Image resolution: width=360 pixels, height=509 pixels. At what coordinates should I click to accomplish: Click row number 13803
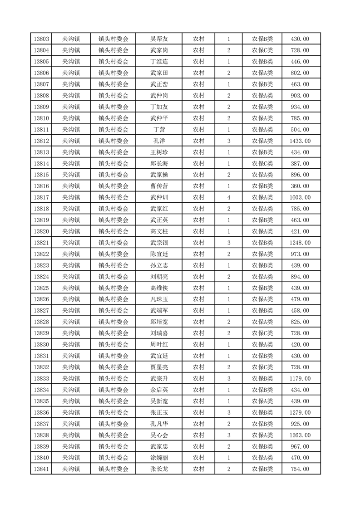pos(41,39)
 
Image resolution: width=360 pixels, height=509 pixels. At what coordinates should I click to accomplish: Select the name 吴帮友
pos(159,39)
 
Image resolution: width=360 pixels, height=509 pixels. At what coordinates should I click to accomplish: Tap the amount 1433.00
pos(300,141)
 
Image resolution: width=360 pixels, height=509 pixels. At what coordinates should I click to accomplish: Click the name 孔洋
pos(159,141)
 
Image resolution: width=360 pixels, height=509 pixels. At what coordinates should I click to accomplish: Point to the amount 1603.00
pos(300,197)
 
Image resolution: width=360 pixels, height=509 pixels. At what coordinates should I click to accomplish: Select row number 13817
pos(41,197)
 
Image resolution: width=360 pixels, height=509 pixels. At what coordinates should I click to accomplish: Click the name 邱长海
pos(159,164)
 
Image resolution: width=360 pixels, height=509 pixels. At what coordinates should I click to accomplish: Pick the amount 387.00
pos(300,164)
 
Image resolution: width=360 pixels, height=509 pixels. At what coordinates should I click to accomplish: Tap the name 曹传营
pos(159,186)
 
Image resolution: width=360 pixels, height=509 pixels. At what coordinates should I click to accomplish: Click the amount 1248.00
pos(300,243)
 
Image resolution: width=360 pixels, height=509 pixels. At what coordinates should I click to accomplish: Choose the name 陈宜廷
pos(159,254)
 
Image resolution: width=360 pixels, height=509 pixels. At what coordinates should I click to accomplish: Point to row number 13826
pos(41,299)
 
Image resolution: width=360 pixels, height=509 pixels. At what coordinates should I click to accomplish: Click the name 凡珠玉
pos(159,299)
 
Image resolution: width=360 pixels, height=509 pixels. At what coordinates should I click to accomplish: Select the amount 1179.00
pos(300,378)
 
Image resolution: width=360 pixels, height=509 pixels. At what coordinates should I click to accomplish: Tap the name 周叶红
pos(159,344)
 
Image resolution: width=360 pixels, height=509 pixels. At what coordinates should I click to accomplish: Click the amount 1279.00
pos(300,412)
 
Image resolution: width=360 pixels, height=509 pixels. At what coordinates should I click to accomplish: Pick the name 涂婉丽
pos(159,458)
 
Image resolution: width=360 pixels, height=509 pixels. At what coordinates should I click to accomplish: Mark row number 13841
pos(41,469)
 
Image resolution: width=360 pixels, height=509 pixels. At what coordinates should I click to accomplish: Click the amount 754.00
pos(300,469)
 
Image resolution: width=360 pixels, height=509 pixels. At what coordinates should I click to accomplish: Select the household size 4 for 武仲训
pos(228,197)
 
